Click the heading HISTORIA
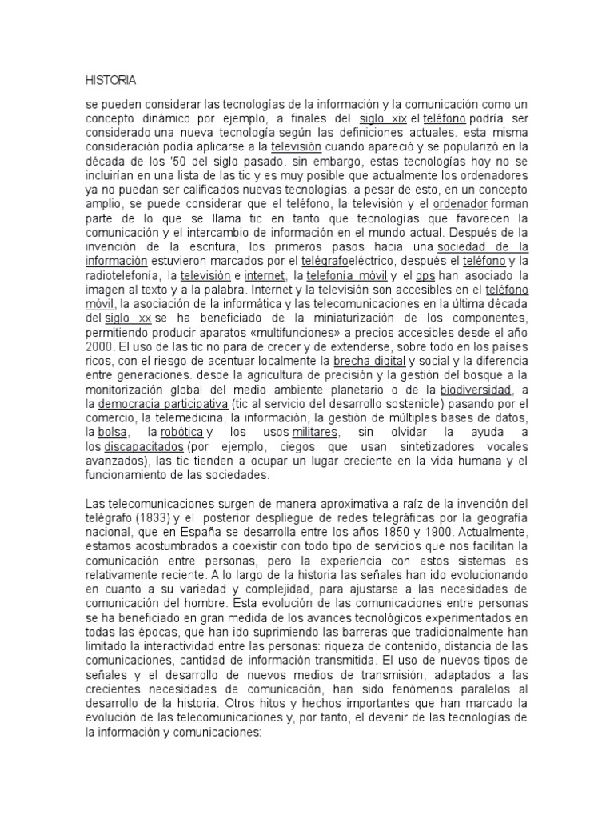[110, 80]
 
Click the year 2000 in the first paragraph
[101, 347]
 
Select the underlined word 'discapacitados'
[144, 447]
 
